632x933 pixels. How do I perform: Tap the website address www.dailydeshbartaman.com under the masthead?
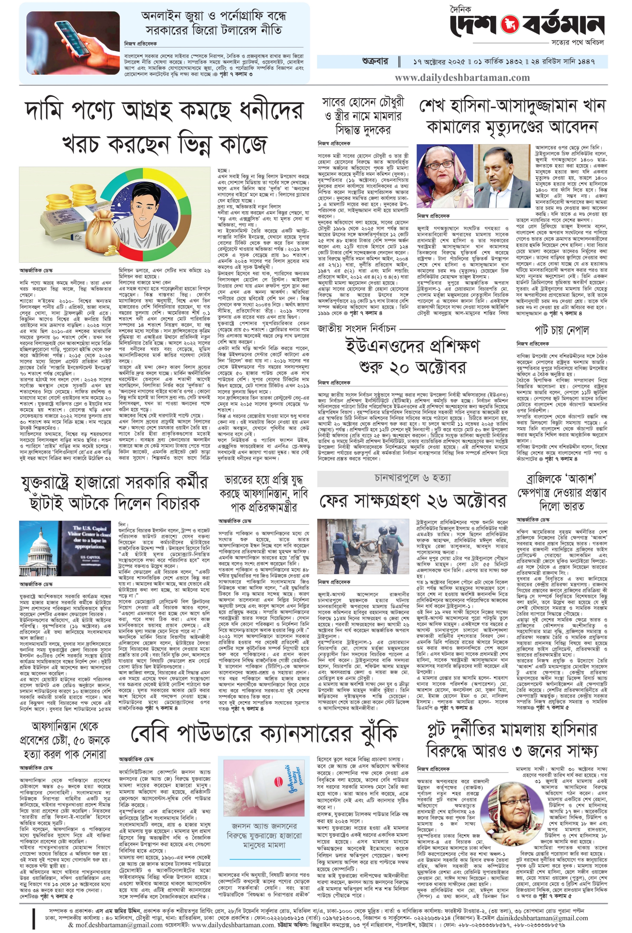(462, 77)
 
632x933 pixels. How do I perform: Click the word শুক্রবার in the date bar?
(375, 62)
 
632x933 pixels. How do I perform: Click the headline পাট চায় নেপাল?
(561, 330)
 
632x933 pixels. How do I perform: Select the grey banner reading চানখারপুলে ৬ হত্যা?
(412, 478)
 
